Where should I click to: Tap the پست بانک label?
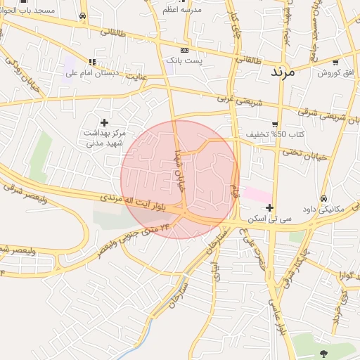tap(184, 62)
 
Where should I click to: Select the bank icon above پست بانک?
tap(185, 51)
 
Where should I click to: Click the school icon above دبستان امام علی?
tap(93, 62)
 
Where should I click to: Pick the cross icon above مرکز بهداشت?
tap(105, 122)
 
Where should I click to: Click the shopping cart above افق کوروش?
tap(335, 61)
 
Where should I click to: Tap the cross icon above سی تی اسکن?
tap(270, 207)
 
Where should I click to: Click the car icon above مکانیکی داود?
tap(323, 199)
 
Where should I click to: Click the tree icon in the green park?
tap(323, 352)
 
